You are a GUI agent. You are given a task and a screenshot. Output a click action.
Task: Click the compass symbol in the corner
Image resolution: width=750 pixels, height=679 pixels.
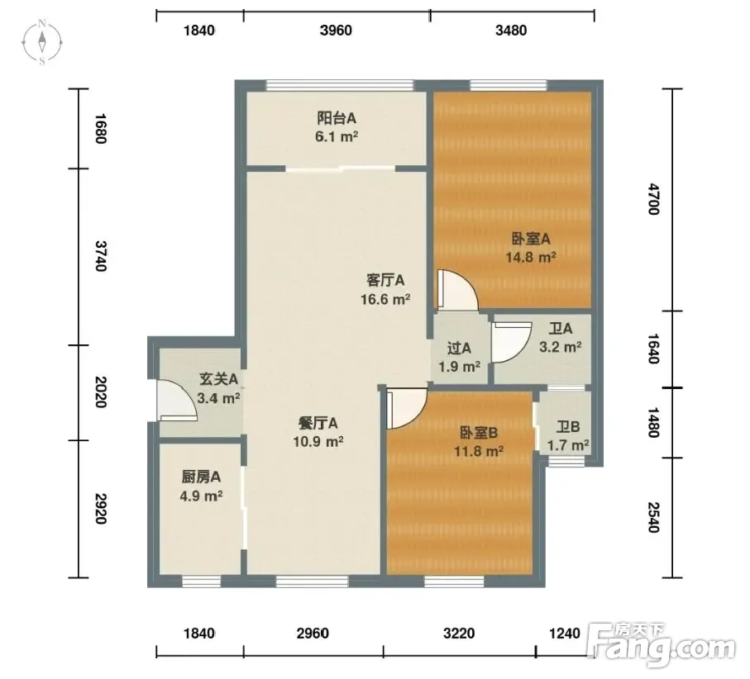coord(42,42)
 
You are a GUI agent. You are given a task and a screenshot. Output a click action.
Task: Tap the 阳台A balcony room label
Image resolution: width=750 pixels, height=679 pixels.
coord(337,118)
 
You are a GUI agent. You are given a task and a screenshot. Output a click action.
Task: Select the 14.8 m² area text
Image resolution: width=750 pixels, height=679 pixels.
coord(531,257)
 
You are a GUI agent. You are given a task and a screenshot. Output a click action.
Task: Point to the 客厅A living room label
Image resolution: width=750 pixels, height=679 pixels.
coord(385,280)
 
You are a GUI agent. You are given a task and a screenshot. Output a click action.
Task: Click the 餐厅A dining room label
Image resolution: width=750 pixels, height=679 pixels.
coord(318,424)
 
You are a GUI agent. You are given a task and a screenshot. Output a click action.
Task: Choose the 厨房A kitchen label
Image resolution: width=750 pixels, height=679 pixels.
coord(201,477)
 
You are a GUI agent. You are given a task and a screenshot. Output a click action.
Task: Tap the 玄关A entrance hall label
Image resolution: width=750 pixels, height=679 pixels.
coord(218,379)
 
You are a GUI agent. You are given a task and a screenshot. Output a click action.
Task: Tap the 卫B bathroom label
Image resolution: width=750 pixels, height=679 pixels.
coord(568,426)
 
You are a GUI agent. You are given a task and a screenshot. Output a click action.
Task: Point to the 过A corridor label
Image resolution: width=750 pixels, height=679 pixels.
coord(459,349)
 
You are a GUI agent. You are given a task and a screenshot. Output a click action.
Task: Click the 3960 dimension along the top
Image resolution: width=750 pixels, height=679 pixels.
coord(336,31)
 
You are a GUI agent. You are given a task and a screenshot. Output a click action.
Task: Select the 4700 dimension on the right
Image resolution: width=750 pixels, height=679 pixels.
coord(653,199)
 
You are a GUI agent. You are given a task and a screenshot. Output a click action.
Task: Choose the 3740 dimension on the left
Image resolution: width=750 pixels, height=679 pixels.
coord(100,256)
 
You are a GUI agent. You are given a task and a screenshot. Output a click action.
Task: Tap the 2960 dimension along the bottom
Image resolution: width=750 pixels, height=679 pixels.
coord(313,634)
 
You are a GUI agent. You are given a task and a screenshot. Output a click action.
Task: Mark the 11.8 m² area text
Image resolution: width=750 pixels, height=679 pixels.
coord(479,451)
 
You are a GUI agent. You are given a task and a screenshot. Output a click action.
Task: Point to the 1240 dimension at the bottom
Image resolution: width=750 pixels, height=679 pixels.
coord(565,634)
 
